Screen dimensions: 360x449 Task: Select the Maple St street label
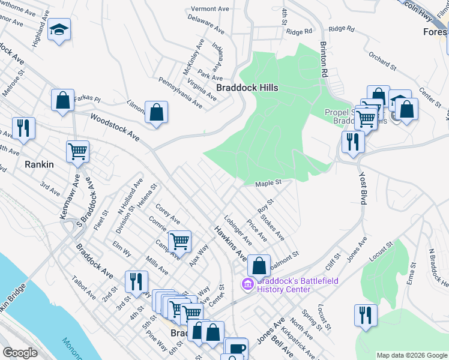(268, 183)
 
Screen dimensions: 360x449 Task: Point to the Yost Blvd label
(363, 189)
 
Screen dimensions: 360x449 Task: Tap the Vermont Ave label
(211, 9)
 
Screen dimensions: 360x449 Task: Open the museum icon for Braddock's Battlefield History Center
(247, 284)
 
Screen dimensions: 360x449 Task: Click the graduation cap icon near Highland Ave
(59, 30)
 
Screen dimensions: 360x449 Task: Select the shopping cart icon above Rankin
(77, 152)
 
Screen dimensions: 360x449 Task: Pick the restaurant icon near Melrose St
(23, 128)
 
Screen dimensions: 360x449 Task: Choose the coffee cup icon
(236, 349)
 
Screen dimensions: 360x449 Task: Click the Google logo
(20, 353)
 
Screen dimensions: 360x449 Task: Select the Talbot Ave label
(83, 288)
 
